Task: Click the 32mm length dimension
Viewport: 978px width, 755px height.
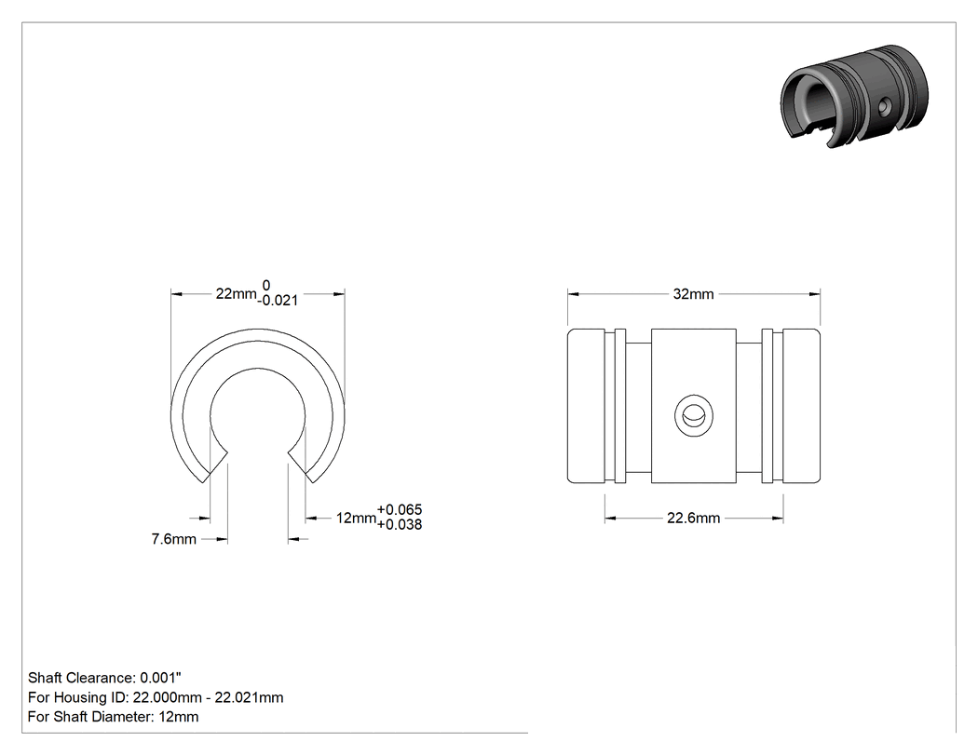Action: pos(693,293)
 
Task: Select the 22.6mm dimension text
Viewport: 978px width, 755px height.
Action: pos(693,519)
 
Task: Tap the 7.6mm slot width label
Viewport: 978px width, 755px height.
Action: pos(173,539)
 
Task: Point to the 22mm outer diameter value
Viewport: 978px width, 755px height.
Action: pos(236,293)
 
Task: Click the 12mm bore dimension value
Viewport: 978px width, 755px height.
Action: pos(356,519)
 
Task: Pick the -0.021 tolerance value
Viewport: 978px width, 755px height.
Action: pos(278,301)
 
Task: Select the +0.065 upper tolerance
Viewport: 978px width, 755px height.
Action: pos(400,510)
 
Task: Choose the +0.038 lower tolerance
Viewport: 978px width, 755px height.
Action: pos(400,525)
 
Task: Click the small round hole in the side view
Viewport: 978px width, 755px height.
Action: pos(694,414)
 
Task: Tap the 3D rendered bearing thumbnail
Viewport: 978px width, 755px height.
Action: pos(854,96)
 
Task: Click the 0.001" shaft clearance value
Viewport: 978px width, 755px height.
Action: pos(160,678)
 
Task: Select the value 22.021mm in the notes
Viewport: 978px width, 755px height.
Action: pos(249,697)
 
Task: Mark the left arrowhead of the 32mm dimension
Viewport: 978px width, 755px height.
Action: pos(573,293)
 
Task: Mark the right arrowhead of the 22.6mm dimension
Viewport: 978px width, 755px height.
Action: pos(778,519)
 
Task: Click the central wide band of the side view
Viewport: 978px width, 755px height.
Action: pos(694,406)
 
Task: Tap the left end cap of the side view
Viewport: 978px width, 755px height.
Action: pos(586,406)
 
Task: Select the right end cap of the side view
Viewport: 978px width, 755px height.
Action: pos(801,406)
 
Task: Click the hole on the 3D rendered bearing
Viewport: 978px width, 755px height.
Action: pos(883,108)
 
